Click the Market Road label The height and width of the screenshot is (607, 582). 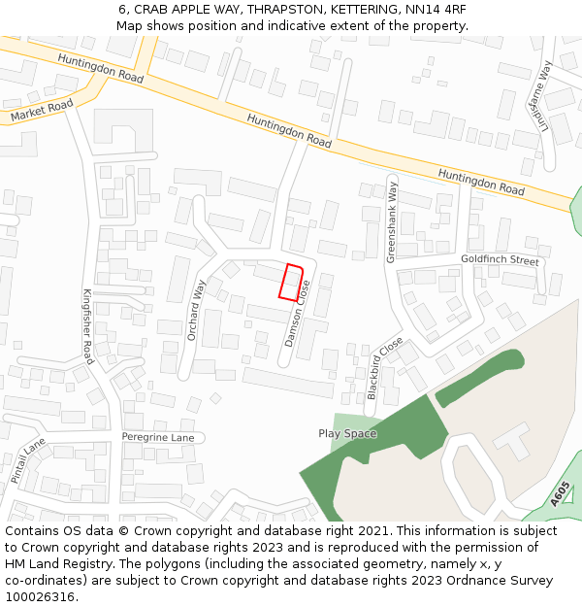pyautogui.click(x=42, y=111)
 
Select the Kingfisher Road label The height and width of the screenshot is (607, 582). pyautogui.click(x=87, y=326)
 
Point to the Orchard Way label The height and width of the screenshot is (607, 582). pyautogui.click(x=197, y=310)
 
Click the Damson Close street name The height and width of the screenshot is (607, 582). pyautogui.click(x=297, y=314)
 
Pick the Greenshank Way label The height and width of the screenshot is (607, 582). pyautogui.click(x=393, y=221)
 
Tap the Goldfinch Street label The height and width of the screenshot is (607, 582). pyautogui.click(x=500, y=260)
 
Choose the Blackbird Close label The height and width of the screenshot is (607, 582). pyautogui.click(x=384, y=368)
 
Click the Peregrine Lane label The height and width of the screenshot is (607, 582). pyautogui.click(x=158, y=438)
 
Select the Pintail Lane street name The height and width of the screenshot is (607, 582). pyautogui.click(x=28, y=460)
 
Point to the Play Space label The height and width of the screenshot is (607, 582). pyautogui.click(x=347, y=433)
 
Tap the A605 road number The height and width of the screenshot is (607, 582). pyautogui.click(x=560, y=494)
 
